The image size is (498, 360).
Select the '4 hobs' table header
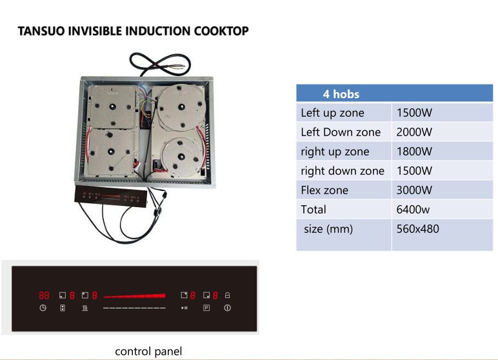pos(341,94)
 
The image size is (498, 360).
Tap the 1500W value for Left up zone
pos(414,113)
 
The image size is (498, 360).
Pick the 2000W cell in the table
pos(414,132)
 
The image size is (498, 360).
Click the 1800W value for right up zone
pos(414,152)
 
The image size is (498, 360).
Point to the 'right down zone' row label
pos(343,171)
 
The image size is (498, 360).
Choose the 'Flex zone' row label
pos(324,190)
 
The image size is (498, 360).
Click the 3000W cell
pos(414,190)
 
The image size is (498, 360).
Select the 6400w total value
pos(413,210)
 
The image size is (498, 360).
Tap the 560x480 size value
pos(417,229)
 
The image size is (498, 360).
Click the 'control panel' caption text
pos(148,352)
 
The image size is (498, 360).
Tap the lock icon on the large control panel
pos(228,295)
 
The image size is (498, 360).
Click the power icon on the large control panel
pos(228,308)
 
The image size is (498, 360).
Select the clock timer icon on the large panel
pos(43,308)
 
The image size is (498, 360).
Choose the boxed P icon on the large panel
pos(206,308)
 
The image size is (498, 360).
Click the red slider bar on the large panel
pos(134,296)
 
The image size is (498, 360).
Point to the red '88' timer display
pos(44,295)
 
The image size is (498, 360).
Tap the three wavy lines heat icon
pos(85,308)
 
